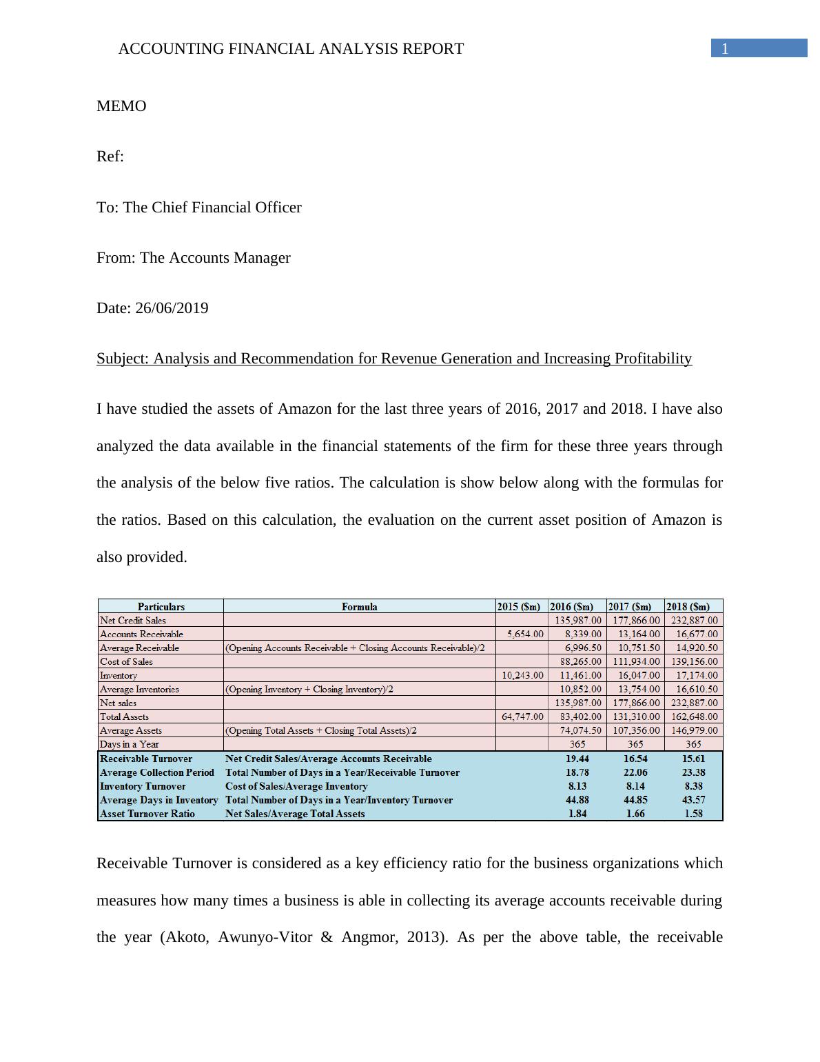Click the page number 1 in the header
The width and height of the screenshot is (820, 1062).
coord(725,48)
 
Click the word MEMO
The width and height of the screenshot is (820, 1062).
coord(121,106)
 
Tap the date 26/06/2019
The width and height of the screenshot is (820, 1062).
coord(172,308)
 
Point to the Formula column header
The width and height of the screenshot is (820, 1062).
coord(359,607)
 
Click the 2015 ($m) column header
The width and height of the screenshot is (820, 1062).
coord(522,607)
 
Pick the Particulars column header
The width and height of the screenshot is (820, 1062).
coord(161,607)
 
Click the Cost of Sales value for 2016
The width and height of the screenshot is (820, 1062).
coord(578,661)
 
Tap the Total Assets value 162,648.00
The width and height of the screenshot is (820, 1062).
coord(694,717)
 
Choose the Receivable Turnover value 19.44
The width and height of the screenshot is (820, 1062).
coord(577,759)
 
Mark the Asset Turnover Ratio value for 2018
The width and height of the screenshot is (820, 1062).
coord(693,814)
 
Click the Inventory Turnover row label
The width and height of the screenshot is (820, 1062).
coord(143,786)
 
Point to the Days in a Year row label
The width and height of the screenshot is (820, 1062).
coord(130,744)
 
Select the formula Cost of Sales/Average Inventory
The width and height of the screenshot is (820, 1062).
coord(296,786)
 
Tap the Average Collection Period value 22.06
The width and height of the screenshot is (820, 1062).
coord(635,772)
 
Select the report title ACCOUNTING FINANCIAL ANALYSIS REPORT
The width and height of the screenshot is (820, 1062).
coord(291,49)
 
